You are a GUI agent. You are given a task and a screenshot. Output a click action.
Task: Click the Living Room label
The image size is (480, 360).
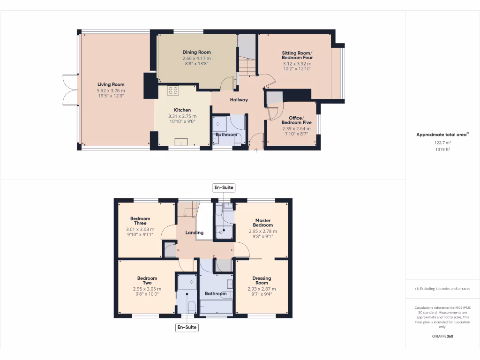click(111, 85)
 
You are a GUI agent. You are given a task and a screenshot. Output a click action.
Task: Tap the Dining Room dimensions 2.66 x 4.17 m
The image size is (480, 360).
click(196, 58)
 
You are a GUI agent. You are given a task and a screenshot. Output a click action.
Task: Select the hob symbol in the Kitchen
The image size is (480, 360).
click(172, 90)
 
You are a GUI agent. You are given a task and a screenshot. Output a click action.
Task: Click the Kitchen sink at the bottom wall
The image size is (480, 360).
click(180, 142)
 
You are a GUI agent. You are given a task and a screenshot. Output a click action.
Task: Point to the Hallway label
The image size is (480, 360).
click(239, 100)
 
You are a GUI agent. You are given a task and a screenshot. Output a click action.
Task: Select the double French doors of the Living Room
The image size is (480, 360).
click(68, 89)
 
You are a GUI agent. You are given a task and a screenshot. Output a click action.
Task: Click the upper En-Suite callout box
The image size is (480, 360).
click(223, 187)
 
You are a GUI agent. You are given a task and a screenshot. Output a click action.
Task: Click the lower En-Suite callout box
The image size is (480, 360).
click(187, 327)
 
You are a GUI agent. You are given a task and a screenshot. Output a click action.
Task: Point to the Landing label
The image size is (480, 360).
click(194, 232)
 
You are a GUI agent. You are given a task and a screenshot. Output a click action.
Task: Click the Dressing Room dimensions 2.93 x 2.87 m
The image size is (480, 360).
click(262, 289)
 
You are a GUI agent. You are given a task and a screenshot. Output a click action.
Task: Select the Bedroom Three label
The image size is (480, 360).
click(140, 221)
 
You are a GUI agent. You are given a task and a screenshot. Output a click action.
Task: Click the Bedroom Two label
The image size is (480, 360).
click(147, 281)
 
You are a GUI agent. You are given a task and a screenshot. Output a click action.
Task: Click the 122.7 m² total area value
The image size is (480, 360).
click(442, 143)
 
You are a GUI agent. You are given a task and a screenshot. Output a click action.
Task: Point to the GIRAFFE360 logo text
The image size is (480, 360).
click(442, 336)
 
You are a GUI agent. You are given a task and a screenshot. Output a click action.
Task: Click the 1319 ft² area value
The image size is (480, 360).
click(442, 150)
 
